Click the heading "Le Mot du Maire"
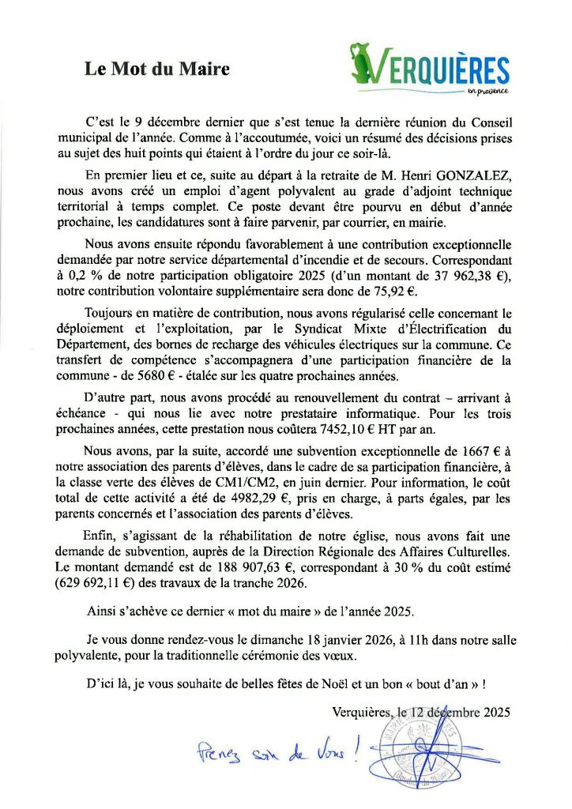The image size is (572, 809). click(157, 70)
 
